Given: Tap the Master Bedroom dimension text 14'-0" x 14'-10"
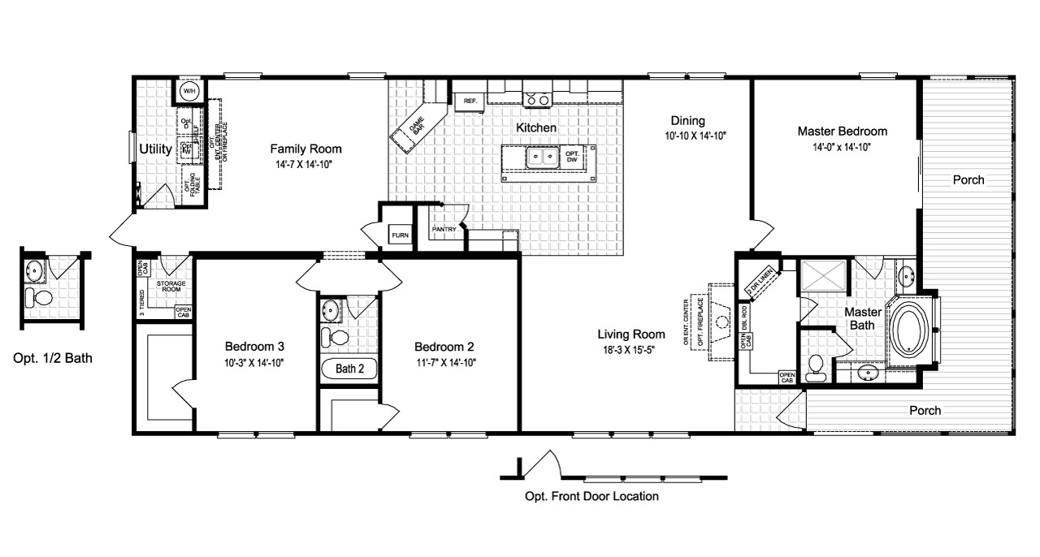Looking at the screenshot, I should click(842, 147).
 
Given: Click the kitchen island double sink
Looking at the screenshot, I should click(540, 156).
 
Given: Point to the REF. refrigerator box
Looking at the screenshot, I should click(470, 101).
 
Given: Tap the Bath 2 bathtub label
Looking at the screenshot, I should click(350, 369).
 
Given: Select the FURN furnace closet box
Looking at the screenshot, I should click(400, 235).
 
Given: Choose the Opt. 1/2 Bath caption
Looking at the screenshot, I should click(53, 358).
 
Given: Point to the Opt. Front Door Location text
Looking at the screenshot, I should click(591, 496).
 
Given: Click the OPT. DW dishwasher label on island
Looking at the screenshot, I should click(573, 157).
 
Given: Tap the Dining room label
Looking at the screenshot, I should click(687, 121).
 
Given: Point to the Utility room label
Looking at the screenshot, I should click(154, 149).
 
